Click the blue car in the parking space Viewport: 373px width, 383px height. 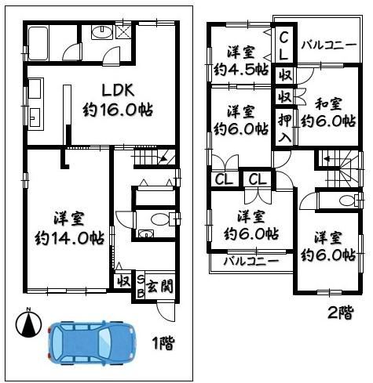coord(91,342)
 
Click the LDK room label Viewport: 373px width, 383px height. coord(118,90)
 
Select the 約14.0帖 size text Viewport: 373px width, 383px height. coord(69,238)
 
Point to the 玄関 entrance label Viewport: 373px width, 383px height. coord(159,286)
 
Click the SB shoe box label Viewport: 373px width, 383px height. coord(141,287)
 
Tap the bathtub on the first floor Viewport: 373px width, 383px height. coord(38,44)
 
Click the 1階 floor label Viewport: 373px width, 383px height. coord(163,343)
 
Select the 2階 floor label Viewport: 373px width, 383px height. coord(341,313)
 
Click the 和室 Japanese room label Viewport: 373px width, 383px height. coord(328,103)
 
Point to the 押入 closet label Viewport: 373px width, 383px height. coord(285,128)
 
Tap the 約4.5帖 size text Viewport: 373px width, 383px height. coord(241,70)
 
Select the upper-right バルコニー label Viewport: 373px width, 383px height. coord(329,45)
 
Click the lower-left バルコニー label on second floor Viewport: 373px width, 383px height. coord(250,261)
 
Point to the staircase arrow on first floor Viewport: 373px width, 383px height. coord(163,158)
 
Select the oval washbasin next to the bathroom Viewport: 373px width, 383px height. coord(102,32)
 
